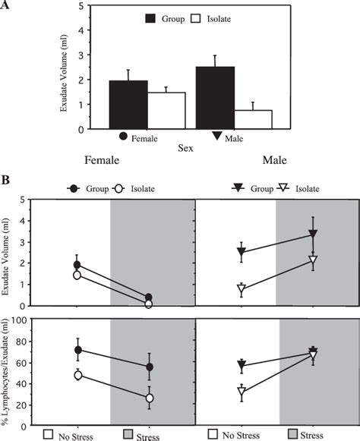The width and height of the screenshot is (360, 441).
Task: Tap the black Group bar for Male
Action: (214, 98)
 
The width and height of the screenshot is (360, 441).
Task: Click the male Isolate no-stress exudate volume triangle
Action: (241, 290)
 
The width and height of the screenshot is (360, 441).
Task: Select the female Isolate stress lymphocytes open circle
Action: (150, 398)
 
